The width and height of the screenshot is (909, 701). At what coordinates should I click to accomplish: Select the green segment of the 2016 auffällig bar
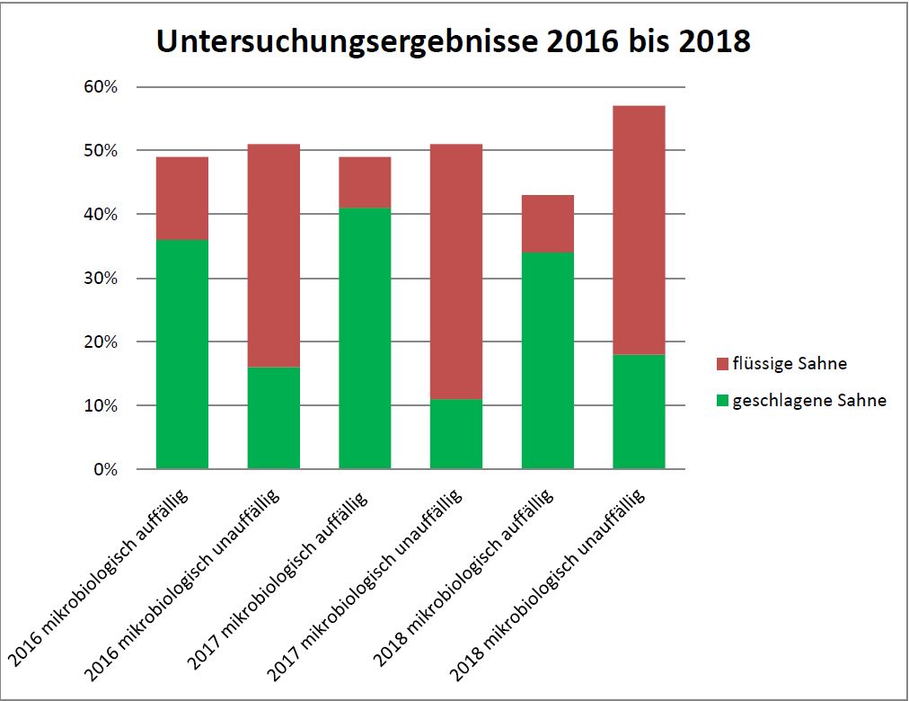click(x=182, y=354)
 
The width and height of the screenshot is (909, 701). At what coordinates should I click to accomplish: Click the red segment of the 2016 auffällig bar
click(x=182, y=199)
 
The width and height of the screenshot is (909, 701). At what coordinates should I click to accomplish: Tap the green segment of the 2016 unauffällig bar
click(x=274, y=418)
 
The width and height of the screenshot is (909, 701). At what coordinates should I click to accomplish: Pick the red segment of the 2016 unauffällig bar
click(x=274, y=255)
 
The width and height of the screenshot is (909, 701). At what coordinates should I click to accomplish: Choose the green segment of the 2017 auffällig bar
click(x=365, y=338)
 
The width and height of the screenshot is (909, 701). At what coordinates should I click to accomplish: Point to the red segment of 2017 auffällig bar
click(x=365, y=182)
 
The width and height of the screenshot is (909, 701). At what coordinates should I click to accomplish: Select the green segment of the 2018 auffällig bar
click(x=548, y=360)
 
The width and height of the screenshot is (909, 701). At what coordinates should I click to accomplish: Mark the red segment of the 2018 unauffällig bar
click(x=639, y=230)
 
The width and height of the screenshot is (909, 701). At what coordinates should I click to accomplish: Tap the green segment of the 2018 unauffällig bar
click(x=639, y=412)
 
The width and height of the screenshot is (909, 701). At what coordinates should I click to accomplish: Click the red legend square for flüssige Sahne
click(x=721, y=364)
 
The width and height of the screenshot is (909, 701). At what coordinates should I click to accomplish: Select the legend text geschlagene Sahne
click(x=809, y=401)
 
